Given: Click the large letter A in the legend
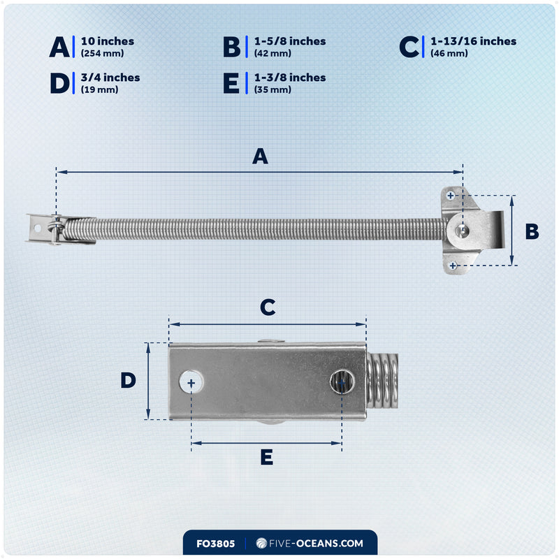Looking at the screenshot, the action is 59,47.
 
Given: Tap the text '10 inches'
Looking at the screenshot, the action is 108,41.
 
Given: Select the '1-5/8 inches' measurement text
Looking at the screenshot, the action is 290,41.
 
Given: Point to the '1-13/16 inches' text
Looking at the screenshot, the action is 474,41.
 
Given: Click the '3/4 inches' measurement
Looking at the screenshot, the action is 110,78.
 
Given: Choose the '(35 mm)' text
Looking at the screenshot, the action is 273,89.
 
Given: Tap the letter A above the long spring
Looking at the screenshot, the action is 260,156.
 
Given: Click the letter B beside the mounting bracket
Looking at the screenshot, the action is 532,231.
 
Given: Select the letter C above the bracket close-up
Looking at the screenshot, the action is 268,307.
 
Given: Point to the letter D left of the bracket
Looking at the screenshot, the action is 129,380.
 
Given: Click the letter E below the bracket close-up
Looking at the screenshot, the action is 267,457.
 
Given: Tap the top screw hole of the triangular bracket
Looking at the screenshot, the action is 451,196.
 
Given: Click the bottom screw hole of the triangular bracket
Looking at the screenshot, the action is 453,266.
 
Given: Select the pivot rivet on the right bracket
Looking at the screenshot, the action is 462,231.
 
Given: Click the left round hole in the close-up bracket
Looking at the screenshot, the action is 191,382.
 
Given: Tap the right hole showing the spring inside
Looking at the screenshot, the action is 342,382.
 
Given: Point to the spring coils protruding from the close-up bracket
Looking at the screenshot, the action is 382,385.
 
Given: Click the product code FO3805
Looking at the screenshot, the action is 216,544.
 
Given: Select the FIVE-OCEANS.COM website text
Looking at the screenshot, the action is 316,544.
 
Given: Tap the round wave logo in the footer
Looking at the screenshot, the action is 261,543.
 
